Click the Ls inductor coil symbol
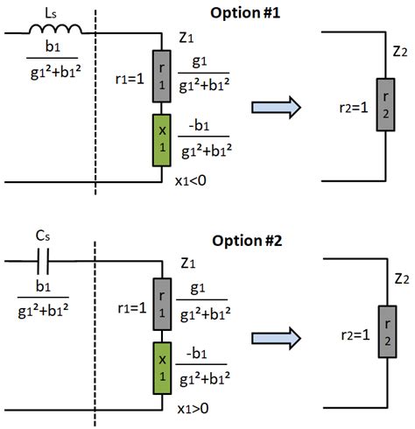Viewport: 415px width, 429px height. [55, 30]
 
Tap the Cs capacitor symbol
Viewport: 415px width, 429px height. [43, 261]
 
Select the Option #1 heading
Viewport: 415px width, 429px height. [245, 13]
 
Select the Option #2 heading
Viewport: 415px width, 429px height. [247, 241]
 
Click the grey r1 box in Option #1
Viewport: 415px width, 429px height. [162, 76]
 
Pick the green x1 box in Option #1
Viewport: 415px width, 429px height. [162, 140]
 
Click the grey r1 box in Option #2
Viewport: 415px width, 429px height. [162, 304]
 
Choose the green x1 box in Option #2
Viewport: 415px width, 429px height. [162, 369]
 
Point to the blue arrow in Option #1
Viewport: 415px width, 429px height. [276, 108]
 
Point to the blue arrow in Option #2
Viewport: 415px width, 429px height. [276, 338]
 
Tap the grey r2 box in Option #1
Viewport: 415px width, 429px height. [385, 104]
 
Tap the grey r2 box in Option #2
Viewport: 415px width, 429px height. [387, 332]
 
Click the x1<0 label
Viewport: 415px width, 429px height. [191, 181]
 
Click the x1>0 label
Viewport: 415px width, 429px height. [193, 409]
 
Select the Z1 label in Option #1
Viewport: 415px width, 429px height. [186, 38]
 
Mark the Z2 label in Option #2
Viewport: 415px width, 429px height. [402, 279]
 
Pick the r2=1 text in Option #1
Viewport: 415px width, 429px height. [354, 108]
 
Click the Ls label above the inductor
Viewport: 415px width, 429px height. [51, 14]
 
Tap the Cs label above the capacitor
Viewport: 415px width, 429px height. [43, 236]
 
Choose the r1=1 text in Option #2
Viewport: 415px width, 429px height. [132, 308]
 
